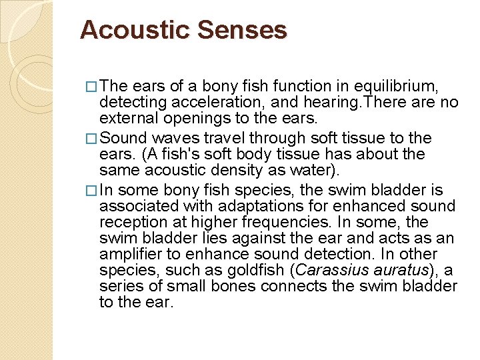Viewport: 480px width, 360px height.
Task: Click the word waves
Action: pyautogui.click(x=173, y=138)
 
